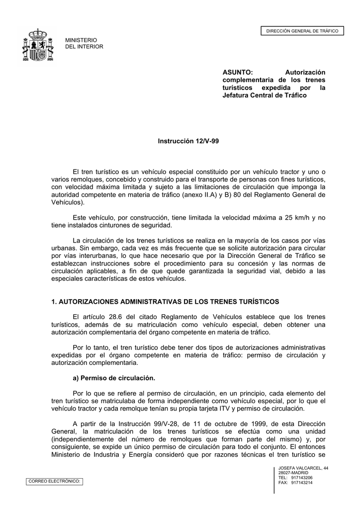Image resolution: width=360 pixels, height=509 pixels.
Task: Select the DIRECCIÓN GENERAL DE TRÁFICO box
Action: coord(302,31)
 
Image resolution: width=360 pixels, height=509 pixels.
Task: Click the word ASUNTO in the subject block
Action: coord(237,73)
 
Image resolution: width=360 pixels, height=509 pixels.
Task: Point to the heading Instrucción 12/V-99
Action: coord(188,141)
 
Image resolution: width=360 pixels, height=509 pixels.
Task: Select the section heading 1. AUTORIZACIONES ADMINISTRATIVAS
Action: coord(165,302)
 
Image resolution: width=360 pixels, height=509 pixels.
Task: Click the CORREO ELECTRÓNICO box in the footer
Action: coord(55,481)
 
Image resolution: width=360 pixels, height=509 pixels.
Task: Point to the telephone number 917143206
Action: coord(302,478)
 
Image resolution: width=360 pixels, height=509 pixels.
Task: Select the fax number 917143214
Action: coord(302,483)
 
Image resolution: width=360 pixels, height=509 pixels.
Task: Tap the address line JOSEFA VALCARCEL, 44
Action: coord(303,468)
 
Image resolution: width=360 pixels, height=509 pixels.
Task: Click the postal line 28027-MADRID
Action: coord(293,473)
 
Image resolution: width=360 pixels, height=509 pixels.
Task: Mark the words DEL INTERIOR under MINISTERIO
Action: coord(85,47)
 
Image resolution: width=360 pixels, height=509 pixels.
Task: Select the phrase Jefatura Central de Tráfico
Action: coord(264,95)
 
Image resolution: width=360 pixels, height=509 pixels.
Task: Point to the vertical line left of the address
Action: coord(274,480)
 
